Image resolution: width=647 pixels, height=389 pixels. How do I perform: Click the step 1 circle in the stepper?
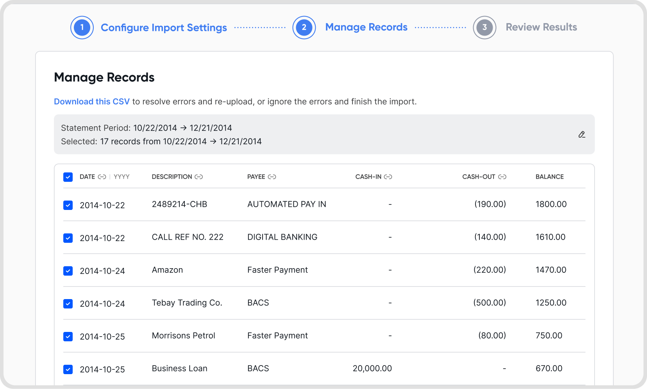click(x=82, y=27)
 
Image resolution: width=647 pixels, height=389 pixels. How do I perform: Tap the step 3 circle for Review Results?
click(x=484, y=27)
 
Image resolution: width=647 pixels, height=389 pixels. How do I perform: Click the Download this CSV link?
click(x=91, y=101)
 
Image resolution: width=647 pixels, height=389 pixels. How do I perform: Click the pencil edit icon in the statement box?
click(x=582, y=134)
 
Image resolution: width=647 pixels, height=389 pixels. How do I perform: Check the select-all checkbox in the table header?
click(x=68, y=177)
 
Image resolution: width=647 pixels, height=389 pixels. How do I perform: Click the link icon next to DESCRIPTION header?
click(x=199, y=177)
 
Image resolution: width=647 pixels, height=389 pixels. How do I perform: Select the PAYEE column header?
click(x=256, y=177)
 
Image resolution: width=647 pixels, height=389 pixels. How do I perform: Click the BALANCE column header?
click(x=549, y=177)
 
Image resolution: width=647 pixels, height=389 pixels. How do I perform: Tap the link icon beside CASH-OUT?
click(x=502, y=177)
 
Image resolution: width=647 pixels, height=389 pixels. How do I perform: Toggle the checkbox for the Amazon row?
click(x=68, y=271)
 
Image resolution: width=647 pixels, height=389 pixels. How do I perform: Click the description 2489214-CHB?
click(x=179, y=204)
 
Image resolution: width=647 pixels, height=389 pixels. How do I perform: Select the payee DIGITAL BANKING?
click(x=282, y=237)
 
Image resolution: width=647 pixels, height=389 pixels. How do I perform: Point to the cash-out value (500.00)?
click(x=490, y=303)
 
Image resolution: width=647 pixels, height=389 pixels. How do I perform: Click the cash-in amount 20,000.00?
click(x=372, y=368)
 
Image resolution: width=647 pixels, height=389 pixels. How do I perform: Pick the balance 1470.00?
click(x=551, y=270)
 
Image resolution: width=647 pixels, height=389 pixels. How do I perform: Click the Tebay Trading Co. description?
click(x=187, y=303)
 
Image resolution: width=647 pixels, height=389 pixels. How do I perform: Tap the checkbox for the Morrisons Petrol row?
click(x=68, y=336)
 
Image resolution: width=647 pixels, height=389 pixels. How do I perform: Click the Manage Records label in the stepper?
click(x=366, y=27)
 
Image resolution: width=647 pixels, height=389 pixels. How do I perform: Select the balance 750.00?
click(x=549, y=335)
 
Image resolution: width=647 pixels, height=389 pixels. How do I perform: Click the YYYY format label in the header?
click(x=122, y=177)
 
